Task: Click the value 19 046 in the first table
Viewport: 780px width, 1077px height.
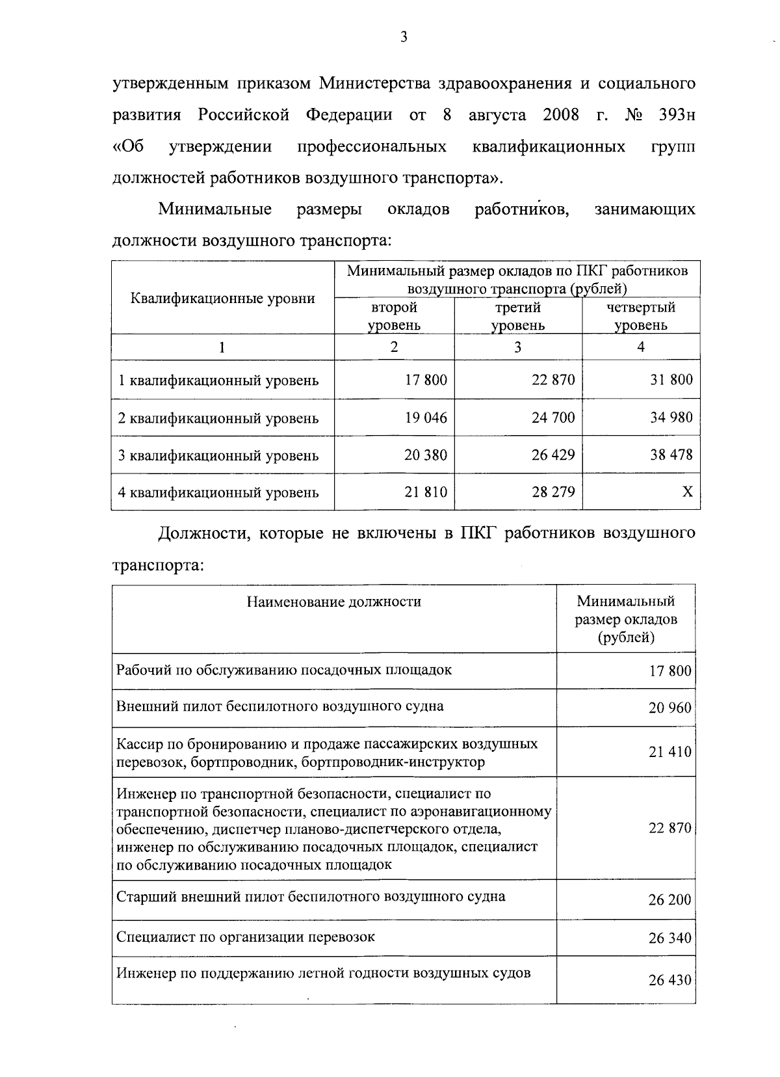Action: click(426, 418)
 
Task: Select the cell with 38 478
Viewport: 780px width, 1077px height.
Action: click(671, 455)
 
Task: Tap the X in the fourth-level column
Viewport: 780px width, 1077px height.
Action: click(687, 492)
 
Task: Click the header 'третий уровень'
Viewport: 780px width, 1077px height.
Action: click(517, 316)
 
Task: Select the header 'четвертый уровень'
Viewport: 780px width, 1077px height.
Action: click(640, 316)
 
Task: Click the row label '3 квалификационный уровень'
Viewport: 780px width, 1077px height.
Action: click(218, 455)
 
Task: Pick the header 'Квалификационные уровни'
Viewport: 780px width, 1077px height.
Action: click(223, 299)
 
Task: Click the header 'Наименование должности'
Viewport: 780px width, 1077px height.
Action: click(333, 602)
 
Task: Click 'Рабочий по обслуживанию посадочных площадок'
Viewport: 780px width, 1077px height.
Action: click(284, 670)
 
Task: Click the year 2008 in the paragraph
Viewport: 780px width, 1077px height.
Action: click(560, 116)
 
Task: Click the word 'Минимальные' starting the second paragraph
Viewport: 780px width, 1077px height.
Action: click(215, 209)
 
